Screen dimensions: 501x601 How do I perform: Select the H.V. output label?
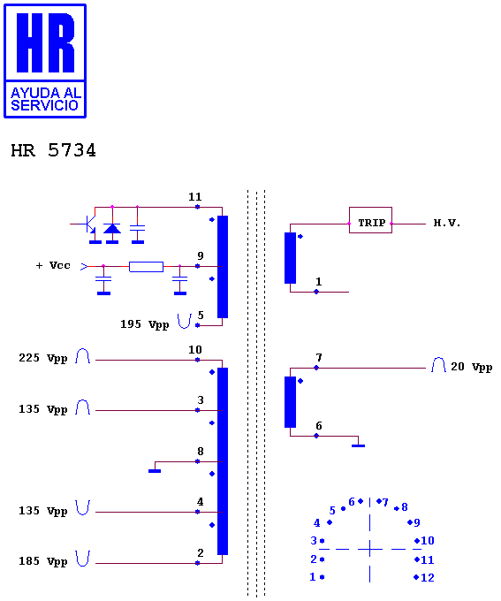(446, 223)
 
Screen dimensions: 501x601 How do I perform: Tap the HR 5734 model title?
(53, 150)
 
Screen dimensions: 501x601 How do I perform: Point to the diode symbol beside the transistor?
(112, 229)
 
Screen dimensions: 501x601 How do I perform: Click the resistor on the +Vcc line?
(146, 267)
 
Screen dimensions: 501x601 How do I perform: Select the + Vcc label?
(53, 265)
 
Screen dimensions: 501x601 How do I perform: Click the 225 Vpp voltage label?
(43, 358)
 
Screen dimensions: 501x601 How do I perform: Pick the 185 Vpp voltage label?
(43, 561)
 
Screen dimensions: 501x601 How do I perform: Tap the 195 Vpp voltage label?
(145, 324)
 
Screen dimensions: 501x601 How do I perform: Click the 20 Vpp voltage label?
(471, 367)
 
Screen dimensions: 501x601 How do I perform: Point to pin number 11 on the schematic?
(194, 197)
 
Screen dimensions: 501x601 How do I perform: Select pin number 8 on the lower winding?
(200, 452)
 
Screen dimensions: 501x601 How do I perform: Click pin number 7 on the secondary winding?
(319, 358)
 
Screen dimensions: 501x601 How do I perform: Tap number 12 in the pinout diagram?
(428, 578)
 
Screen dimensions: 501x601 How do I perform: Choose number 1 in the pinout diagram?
(313, 577)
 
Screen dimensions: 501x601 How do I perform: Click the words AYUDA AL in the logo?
(46, 93)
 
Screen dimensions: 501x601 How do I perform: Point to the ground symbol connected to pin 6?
(359, 445)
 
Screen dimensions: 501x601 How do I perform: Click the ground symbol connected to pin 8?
(155, 471)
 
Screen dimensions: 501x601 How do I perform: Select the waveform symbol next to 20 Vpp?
(438, 364)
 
